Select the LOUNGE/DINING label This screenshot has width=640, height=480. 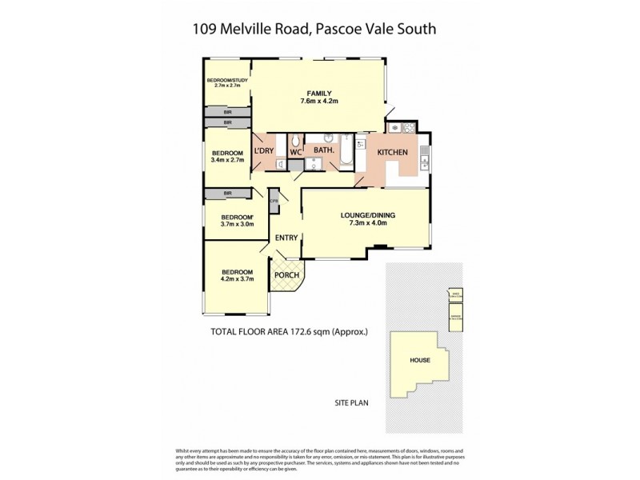(x=368, y=215)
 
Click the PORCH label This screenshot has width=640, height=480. (x=286, y=276)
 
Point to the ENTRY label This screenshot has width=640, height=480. (x=286, y=238)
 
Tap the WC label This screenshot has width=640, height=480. (x=294, y=150)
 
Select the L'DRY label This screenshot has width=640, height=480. (x=264, y=150)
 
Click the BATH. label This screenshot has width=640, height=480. (x=323, y=150)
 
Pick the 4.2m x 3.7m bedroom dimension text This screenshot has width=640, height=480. (x=237, y=280)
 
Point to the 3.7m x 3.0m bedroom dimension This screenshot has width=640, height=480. (x=237, y=225)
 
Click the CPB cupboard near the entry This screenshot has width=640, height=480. (x=274, y=201)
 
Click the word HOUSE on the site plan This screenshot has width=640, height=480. (x=420, y=360)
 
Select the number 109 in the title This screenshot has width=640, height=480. (x=207, y=30)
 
